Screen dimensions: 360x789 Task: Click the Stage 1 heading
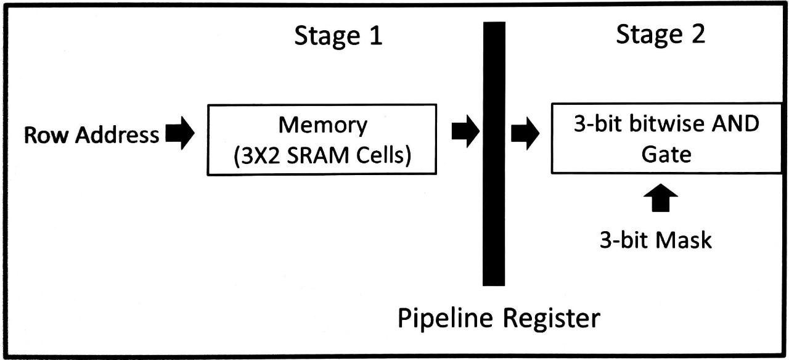(x=338, y=36)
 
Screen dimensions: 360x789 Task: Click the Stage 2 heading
(x=660, y=35)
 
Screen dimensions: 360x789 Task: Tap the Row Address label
(x=91, y=135)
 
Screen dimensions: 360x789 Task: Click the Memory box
(x=322, y=139)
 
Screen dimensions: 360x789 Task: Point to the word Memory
(x=322, y=125)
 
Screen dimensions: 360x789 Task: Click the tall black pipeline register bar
(x=494, y=154)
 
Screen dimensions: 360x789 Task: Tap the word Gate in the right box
(x=666, y=153)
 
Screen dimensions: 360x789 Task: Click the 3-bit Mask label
(x=656, y=240)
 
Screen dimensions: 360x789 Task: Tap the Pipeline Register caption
(x=498, y=319)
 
